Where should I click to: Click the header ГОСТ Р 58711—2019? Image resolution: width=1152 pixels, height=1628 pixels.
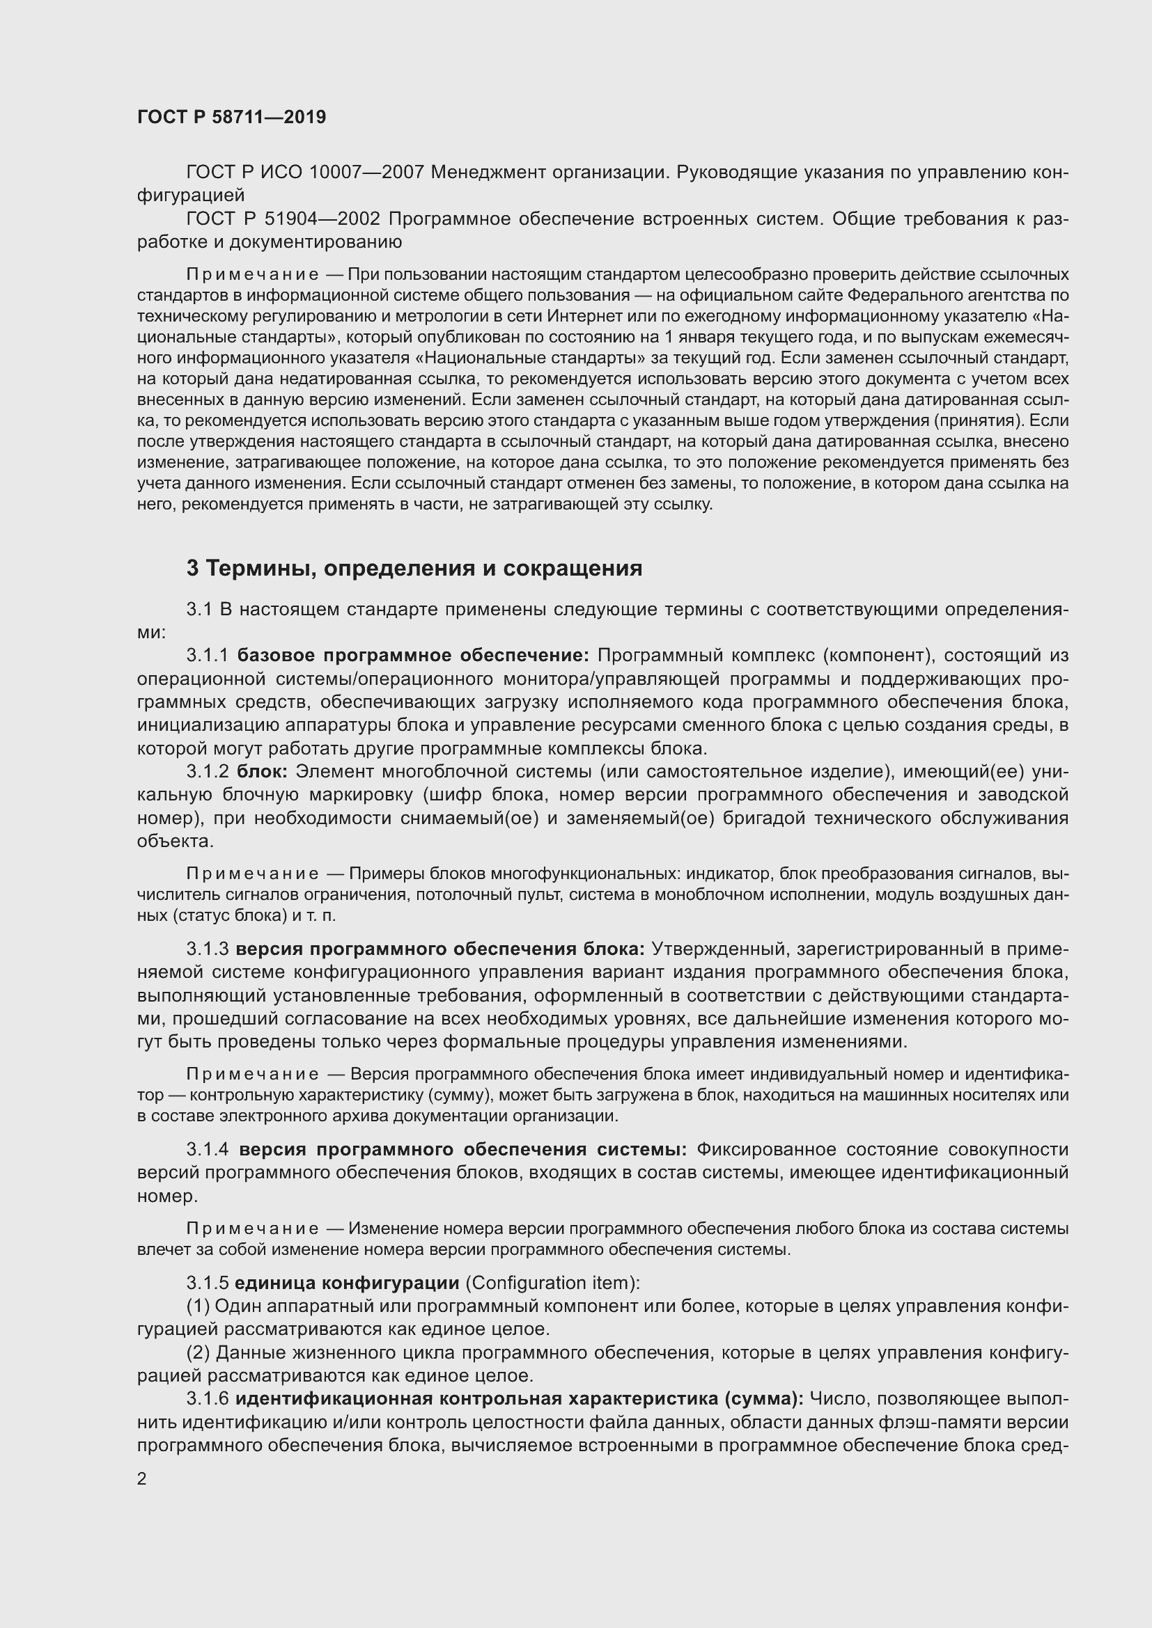[231, 118]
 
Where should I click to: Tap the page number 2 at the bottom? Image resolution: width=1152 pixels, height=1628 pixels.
[142, 1478]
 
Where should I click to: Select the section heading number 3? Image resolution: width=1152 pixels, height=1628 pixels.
[192, 569]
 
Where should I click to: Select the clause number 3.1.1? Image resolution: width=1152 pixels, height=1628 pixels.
[208, 655]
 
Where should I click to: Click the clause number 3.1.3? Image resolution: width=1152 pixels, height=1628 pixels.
[208, 949]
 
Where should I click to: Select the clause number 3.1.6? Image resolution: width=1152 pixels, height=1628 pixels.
[208, 1399]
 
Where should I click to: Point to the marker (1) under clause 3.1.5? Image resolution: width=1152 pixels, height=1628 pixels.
[197, 1306]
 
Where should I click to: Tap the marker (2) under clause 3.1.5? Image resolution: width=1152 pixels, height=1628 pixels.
[197, 1353]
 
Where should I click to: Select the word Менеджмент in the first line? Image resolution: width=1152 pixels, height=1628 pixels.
[488, 173]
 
